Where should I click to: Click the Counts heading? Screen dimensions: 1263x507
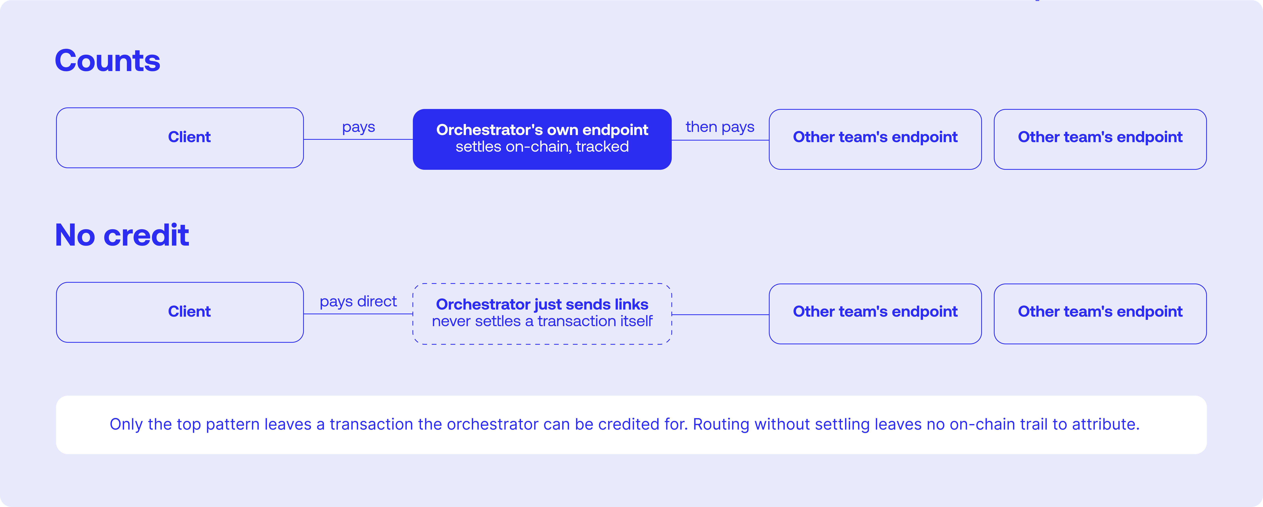(x=107, y=61)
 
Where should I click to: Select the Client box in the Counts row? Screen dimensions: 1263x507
(x=180, y=138)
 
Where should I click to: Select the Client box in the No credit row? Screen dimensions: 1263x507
(x=180, y=312)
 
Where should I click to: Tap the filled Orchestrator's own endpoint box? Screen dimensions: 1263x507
(x=542, y=139)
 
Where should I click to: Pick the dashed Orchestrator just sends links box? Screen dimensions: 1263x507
(x=542, y=314)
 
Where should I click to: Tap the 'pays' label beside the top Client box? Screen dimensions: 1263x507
(x=358, y=127)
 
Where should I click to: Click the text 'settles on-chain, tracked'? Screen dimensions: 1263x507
(x=542, y=147)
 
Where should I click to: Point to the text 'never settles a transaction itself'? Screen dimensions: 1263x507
(x=542, y=321)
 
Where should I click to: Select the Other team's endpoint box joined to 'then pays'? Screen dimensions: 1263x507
(x=875, y=139)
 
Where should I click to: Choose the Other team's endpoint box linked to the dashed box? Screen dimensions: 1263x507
(x=875, y=314)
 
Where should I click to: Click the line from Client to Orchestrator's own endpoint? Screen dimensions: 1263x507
(x=358, y=139)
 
